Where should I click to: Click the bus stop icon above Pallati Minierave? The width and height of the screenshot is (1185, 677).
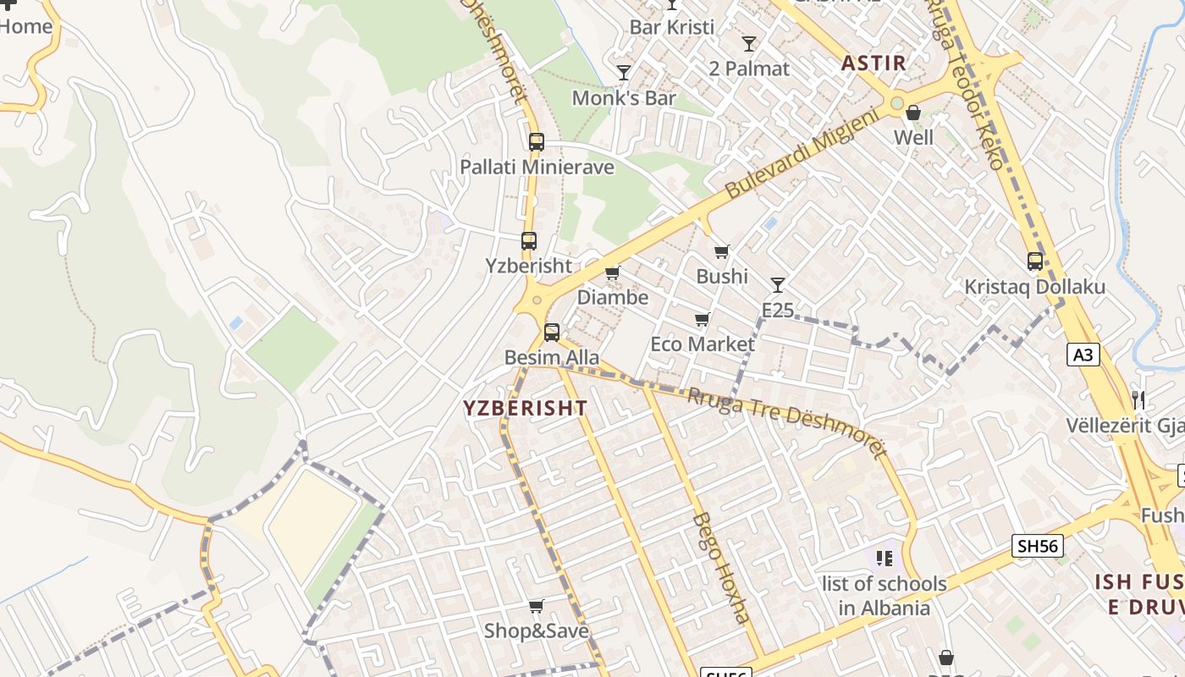click(536, 141)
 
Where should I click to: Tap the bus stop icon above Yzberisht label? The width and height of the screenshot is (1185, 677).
click(529, 241)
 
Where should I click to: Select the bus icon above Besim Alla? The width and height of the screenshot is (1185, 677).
click(552, 333)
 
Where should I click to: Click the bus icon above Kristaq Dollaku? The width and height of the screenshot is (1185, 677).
click(1034, 261)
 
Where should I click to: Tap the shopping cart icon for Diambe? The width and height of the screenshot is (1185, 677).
click(612, 272)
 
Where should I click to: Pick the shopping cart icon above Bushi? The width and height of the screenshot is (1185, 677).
click(721, 251)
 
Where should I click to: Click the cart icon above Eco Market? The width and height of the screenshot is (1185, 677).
click(702, 319)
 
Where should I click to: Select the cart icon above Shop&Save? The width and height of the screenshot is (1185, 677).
click(536, 606)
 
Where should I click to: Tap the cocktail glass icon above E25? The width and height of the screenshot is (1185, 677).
click(777, 284)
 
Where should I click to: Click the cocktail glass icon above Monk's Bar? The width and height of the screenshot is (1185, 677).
click(624, 73)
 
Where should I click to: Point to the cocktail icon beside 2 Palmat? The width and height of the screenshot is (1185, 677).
click(748, 44)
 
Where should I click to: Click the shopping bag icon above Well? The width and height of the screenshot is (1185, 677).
click(913, 113)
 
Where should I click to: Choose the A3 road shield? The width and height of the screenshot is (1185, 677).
click(1083, 355)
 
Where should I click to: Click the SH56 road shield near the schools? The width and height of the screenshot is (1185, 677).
click(1038, 546)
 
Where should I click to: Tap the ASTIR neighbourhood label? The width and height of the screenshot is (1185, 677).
click(874, 63)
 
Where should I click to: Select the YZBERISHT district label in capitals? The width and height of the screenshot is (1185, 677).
click(525, 408)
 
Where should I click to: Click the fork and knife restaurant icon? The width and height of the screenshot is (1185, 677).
click(1138, 399)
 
